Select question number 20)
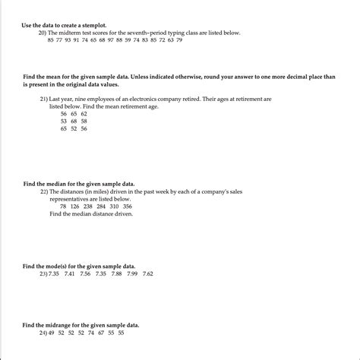pyautogui.click(x=45, y=32)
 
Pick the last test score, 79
pyautogui.click(x=178, y=39)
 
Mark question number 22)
pyautogui.click(x=44, y=191)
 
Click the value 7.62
pyautogui.click(x=148, y=273)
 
